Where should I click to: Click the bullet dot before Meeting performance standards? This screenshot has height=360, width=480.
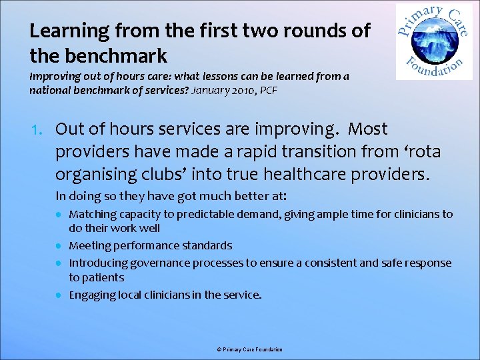click(59, 246)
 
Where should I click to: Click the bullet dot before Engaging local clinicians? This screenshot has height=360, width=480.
click(59, 295)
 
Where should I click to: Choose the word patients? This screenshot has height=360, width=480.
click(103, 277)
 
